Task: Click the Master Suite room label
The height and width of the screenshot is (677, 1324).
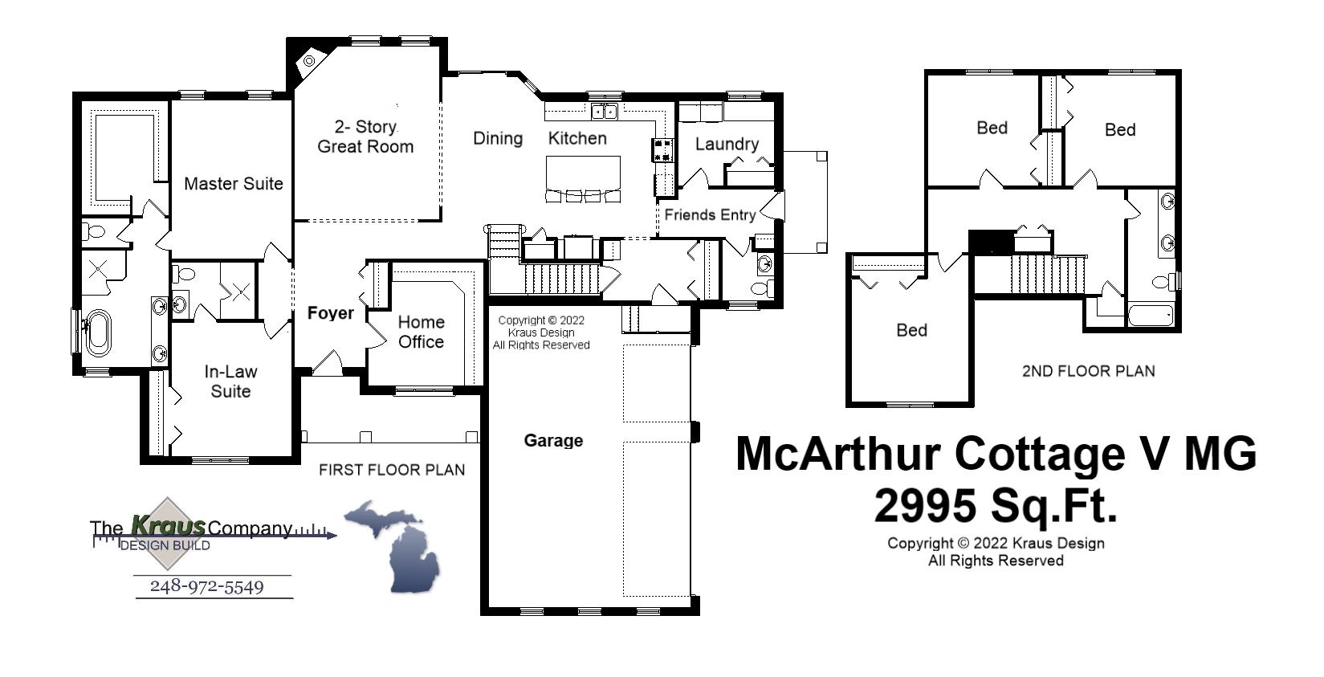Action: click(x=234, y=184)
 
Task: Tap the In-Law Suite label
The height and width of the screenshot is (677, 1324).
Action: click(x=230, y=381)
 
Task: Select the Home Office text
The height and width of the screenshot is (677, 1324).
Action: click(x=421, y=332)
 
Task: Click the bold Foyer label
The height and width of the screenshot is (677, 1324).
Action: click(x=330, y=313)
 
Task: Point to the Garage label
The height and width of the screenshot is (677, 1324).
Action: click(x=553, y=440)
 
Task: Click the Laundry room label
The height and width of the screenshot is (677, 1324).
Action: click(x=727, y=145)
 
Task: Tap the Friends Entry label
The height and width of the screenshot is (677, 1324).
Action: click(x=710, y=214)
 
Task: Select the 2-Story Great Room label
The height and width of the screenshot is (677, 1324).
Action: click(x=365, y=137)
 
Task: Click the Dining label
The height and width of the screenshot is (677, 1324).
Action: click(x=498, y=138)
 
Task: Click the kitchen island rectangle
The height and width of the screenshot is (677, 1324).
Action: click(x=584, y=171)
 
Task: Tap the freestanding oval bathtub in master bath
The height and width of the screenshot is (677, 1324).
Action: click(x=98, y=332)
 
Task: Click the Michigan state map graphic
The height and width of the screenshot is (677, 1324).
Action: click(x=393, y=546)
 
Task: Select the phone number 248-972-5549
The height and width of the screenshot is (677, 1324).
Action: click(x=207, y=587)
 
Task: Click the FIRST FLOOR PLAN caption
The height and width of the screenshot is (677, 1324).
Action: click(x=392, y=470)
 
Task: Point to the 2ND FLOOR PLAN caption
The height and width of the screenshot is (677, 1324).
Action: click(x=1088, y=371)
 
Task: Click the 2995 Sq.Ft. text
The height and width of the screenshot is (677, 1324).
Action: click(x=996, y=506)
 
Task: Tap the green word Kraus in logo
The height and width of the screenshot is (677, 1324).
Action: click(x=169, y=526)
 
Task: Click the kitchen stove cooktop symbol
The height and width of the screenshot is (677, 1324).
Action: click(x=663, y=149)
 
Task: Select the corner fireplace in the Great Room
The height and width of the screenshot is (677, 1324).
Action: click(x=308, y=63)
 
